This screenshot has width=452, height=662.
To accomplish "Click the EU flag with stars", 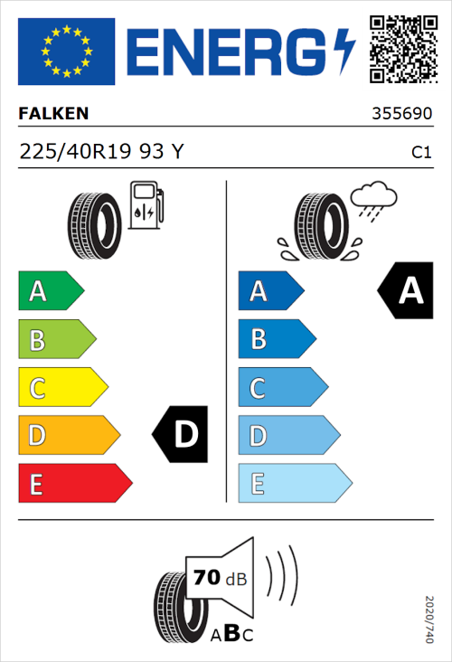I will (66, 52).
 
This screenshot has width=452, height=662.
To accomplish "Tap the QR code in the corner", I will (400, 49).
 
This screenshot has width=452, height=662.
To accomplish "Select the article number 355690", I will (401, 116).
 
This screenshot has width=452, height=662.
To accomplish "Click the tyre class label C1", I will (420, 153).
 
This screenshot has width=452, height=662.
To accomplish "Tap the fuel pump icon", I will (146, 204).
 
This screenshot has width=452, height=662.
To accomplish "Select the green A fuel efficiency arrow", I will (51, 291).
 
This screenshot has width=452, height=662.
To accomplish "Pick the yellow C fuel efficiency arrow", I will (62, 388).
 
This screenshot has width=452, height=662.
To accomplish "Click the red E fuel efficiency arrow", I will (74, 484).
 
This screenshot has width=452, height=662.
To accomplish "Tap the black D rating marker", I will (181, 435).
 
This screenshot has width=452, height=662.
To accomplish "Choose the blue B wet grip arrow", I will (276, 339).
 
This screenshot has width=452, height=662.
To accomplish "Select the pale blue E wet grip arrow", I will (294, 484).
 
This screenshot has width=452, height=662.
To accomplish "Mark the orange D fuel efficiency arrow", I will (69, 436).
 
